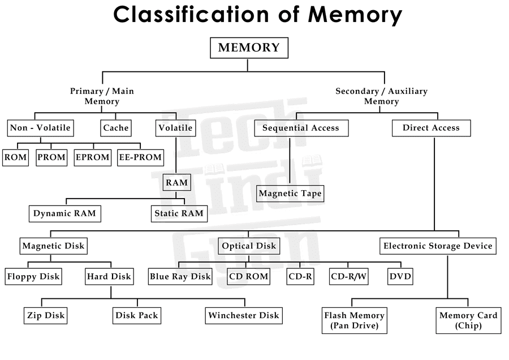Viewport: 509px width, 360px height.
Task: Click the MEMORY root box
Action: tap(249, 48)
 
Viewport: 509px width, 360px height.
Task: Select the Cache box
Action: tap(116, 128)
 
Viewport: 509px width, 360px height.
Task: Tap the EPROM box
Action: tap(92, 157)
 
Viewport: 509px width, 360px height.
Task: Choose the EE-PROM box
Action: tap(140, 157)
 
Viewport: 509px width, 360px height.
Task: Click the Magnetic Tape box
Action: tap(290, 194)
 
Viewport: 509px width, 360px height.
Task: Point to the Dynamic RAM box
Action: tap(64, 213)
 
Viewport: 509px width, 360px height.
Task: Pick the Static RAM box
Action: tap(178, 213)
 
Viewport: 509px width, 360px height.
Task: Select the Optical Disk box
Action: tap(249, 246)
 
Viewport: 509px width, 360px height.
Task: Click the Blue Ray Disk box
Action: tap(180, 277)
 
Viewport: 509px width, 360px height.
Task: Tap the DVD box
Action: tap(400, 277)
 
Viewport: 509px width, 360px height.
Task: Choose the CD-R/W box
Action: tap(349, 277)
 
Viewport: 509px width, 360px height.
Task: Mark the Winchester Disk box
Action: tap(244, 315)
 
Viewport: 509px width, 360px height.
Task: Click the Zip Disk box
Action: tap(46, 315)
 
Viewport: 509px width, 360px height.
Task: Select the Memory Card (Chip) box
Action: tap(468, 320)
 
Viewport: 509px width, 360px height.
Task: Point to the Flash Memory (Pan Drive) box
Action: tap(354, 320)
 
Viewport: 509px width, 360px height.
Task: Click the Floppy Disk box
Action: tap(33, 277)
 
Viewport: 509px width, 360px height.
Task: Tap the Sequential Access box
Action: tap(301, 128)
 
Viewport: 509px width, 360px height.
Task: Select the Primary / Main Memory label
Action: tap(102, 96)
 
